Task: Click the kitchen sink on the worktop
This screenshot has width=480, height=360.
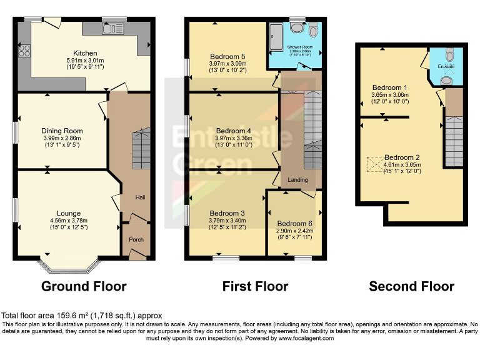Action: pos(112,28)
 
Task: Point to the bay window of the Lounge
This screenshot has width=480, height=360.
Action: pos(69,265)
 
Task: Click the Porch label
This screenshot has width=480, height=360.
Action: pos(136,239)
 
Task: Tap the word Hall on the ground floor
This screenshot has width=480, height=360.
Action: pos(141,197)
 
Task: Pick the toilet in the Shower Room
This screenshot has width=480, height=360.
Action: pos(313,31)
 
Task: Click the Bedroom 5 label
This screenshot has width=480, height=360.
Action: pos(227,56)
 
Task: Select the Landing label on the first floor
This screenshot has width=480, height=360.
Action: pos(297,180)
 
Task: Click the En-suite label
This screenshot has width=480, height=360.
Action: pos(446,66)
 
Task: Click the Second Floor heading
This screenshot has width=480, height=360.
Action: pos(411,286)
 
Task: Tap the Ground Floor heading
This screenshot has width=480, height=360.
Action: pos(84,286)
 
